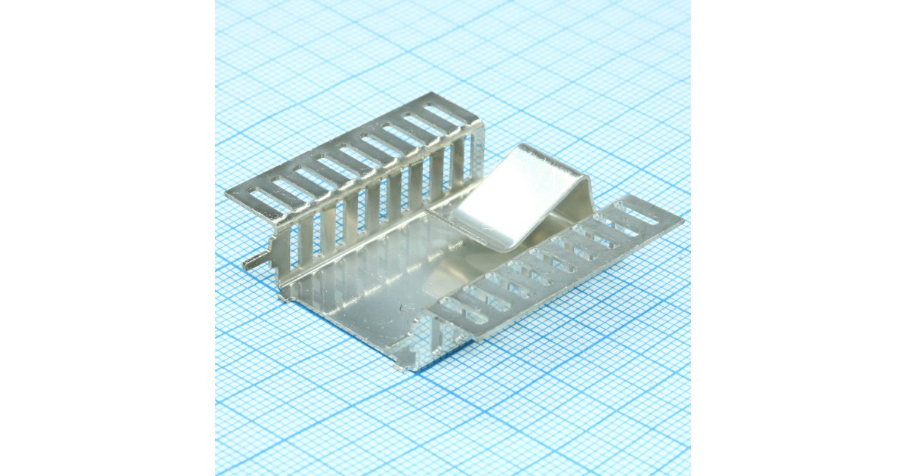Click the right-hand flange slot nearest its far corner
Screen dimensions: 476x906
[x=636, y=214]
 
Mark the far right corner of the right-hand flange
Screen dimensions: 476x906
[x=682, y=221]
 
